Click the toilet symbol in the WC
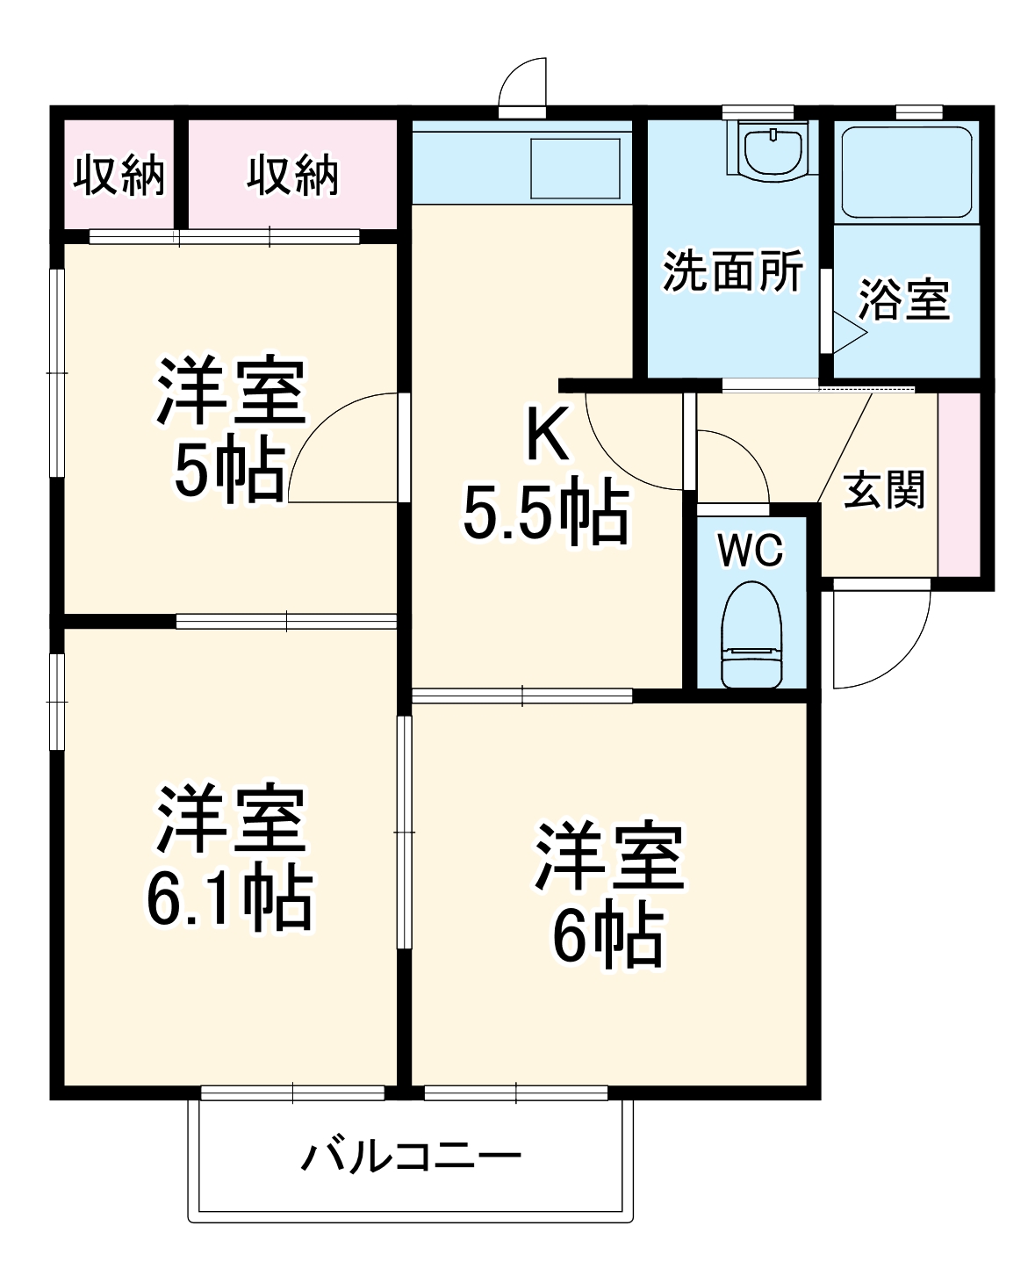751,633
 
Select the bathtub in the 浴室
905,173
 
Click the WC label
750,551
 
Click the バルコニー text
411,1157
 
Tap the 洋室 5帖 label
230,428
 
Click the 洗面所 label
732,271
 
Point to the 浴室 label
903,299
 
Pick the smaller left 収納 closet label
119,177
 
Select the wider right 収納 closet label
291,177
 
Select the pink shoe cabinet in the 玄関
959,484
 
